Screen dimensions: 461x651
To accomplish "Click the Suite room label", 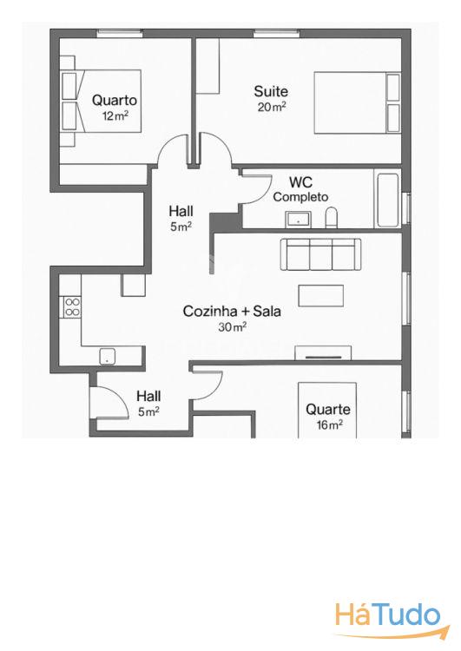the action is [x=271, y=91].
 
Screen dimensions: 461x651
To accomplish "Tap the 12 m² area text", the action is [x=115, y=115].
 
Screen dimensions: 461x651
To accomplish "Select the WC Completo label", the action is [x=300, y=189].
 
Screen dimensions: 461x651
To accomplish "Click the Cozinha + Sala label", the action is [x=232, y=311].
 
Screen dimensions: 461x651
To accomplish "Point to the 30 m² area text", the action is [x=233, y=327].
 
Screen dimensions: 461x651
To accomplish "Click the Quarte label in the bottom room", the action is [x=328, y=410].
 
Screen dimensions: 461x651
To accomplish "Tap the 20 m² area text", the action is [x=272, y=107].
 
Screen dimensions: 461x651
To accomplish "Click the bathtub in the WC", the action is [x=387, y=201].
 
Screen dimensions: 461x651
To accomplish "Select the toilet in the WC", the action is [x=332, y=218].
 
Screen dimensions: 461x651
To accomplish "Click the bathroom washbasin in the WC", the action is [x=298, y=220].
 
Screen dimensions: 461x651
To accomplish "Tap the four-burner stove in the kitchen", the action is [x=72, y=306].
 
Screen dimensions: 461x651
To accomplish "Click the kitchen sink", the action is [x=107, y=357].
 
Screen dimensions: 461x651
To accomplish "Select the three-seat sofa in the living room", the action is [x=320, y=254].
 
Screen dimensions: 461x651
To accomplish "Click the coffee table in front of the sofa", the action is [x=320, y=296].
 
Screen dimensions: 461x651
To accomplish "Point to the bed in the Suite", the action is [x=357, y=103].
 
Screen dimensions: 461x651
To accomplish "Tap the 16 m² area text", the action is [x=329, y=425].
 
